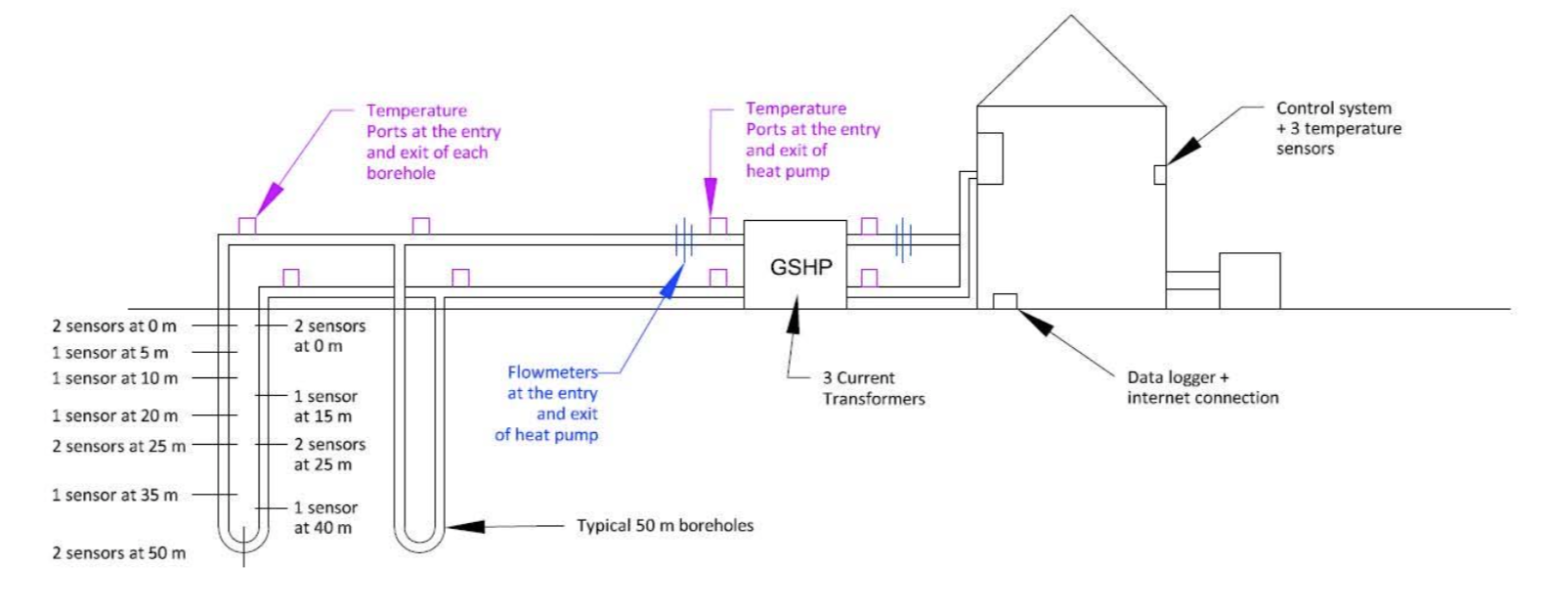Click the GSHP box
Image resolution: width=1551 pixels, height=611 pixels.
click(795, 265)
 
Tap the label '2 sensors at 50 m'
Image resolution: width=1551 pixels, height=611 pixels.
click(118, 553)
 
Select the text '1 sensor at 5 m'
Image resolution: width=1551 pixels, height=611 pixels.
click(109, 353)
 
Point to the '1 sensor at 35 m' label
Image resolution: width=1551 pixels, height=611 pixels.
click(114, 496)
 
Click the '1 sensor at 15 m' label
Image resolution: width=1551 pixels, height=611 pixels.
click(325, 407)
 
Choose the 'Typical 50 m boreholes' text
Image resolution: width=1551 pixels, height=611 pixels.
click(665, 526)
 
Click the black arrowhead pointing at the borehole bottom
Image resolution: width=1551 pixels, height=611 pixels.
click(466, 526)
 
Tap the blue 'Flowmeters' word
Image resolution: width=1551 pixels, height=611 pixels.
click(552, 372)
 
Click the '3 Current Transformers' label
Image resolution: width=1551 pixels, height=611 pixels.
click(873, 388)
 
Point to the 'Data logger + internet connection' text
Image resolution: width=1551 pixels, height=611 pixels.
click(1202, 387)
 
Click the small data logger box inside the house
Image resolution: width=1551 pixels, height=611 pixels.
click(1005, 301)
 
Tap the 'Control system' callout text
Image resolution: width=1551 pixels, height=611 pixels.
click(1333, 109)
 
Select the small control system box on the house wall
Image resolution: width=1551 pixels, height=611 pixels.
click(1160, 175)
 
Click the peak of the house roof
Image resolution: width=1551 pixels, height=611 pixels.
click(1071, 17)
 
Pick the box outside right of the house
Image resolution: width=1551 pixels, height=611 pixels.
click(1249, 281)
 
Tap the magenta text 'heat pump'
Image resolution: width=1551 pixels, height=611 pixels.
click(788, 171)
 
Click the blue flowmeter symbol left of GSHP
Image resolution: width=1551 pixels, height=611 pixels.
click(684, 239)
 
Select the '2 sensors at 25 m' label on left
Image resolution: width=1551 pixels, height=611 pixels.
click(118, 447)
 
